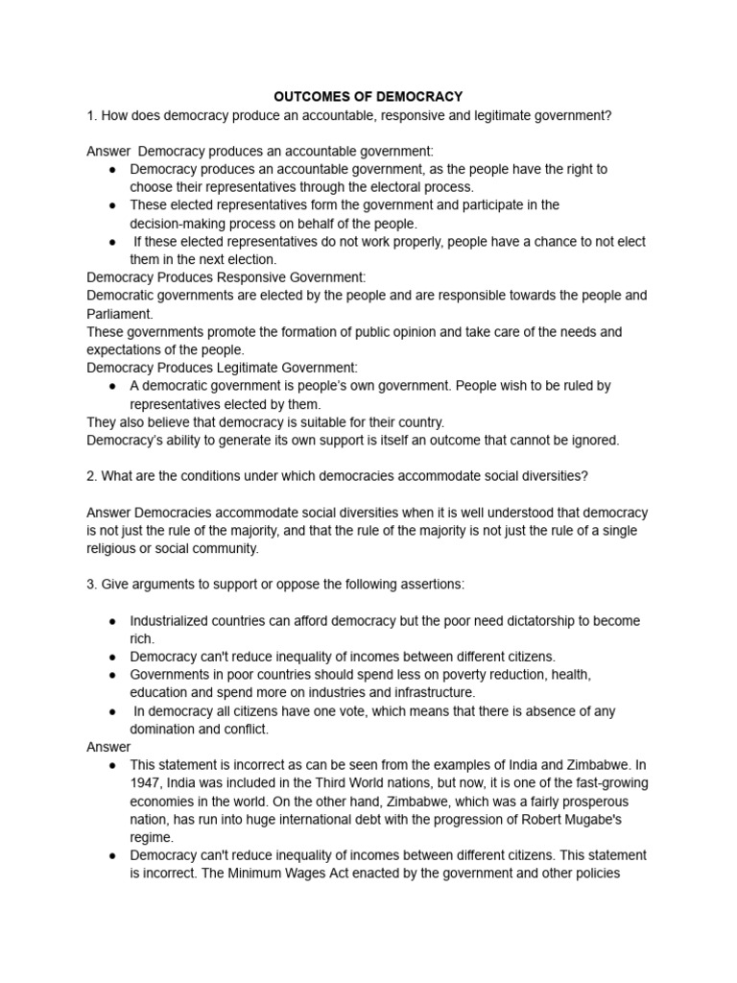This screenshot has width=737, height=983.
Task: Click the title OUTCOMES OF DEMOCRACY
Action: click(368, 97)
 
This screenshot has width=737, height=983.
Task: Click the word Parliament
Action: click(119, 313)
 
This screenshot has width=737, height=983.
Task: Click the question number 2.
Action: click(90, 476)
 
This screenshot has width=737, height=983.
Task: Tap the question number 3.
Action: click(90, 585)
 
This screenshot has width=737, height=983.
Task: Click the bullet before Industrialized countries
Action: click(112, 621)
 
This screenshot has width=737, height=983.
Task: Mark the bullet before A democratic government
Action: click(112, 386)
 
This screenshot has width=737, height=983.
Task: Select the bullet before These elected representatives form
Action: click(112, 205)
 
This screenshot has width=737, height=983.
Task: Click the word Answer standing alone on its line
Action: click(108, 747)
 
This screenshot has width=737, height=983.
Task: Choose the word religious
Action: click(117, 548)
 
